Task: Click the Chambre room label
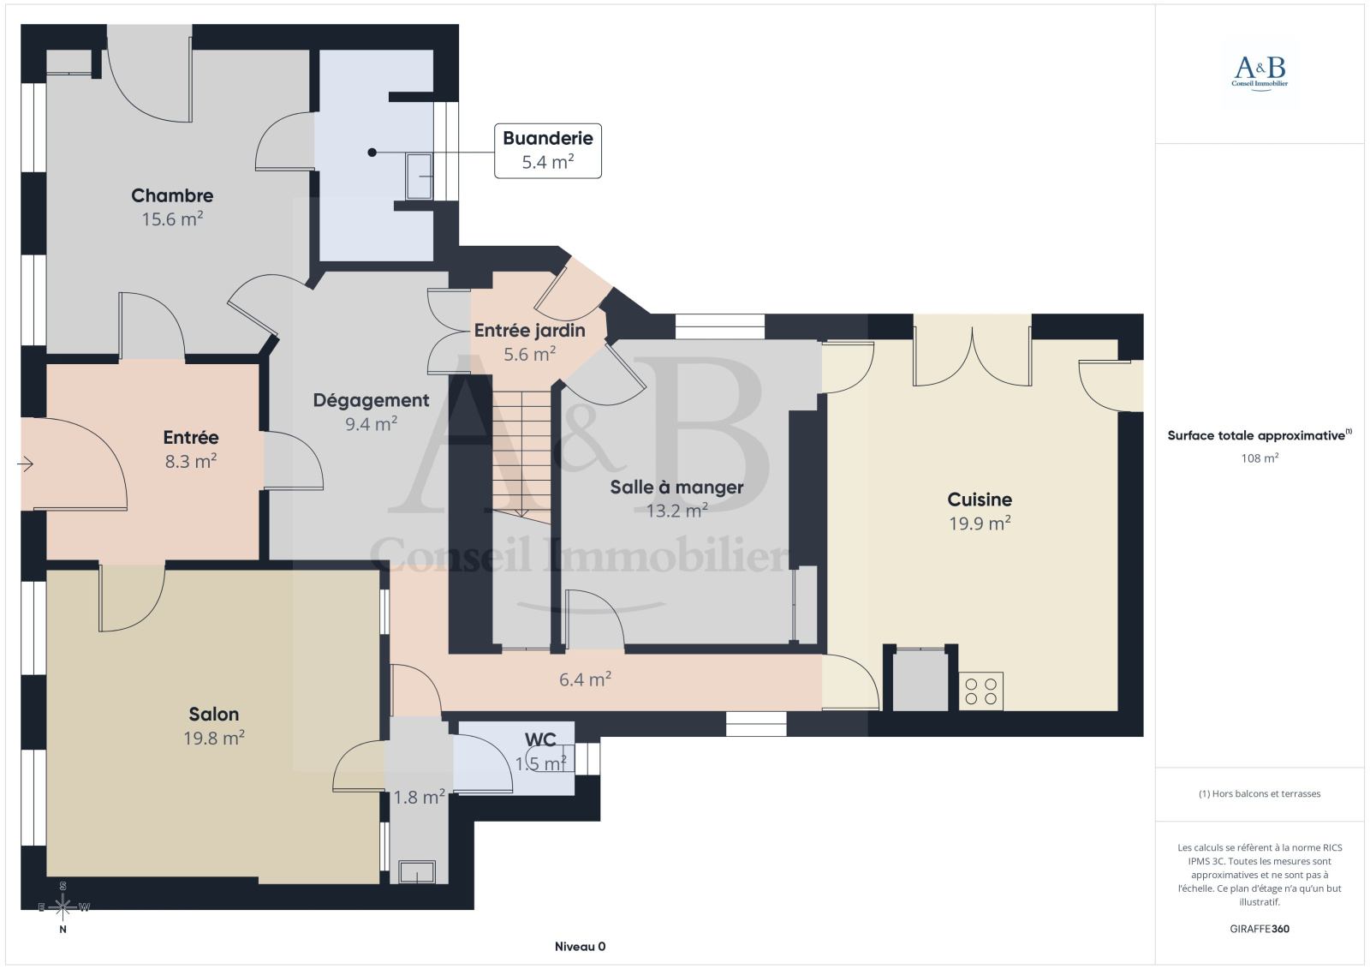pos(172,196)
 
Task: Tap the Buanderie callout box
pos(547,151)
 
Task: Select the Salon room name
pos(213,715)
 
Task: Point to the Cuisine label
pos(980,499)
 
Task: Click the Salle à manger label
pos(676,487)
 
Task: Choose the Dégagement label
pos(371,401)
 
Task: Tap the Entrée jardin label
pos(530,331)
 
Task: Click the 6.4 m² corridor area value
pos(586,679)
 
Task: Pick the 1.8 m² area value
pos(419,797)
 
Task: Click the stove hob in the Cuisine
pos(981,691)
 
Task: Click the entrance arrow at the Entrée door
pos(25,464)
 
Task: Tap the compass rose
pos(63,907)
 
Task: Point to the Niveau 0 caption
pos(580,947)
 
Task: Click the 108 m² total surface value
pos(1260,458)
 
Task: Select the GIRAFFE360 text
pos(1260,929)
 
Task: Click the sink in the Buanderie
pos(420,176)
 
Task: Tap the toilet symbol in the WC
pos(550,758)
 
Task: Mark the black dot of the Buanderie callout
pos(372,153)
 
